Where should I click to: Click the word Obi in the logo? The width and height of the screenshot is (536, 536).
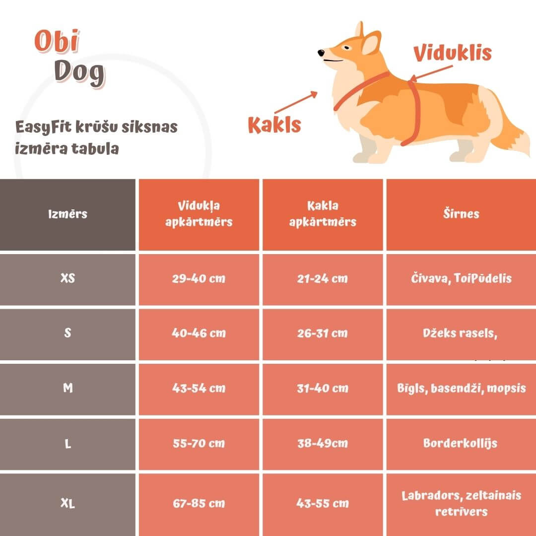point(57,42)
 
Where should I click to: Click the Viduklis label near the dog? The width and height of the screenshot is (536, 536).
point(452,53)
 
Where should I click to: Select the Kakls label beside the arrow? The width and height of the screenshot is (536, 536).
point(274,125)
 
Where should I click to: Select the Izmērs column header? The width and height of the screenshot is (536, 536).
point(68,214)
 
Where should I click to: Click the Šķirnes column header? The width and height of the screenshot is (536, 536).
point(461,214)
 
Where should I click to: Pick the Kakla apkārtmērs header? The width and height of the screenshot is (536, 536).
point(323,214)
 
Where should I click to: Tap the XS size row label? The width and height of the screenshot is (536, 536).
point(68,278)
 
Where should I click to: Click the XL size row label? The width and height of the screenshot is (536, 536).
point(68,503)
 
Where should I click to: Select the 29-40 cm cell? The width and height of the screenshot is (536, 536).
point(199,278)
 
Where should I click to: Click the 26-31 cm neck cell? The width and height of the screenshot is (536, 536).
point(323,333)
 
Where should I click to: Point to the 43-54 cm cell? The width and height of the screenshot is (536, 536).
point(199,388)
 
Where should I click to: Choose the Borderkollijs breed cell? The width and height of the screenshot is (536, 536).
point(460,443)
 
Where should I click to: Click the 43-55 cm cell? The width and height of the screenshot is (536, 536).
point(323,503)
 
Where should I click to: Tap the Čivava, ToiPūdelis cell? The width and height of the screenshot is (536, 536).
point(461,278)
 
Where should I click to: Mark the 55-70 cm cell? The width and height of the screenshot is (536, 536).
point(199,443)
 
